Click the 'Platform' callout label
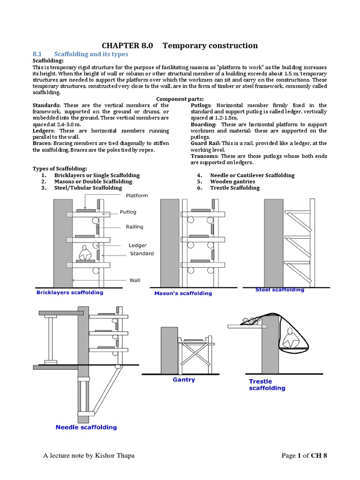coord(136,195)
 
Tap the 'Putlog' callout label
coord(128,212)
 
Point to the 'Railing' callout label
coord(135,227)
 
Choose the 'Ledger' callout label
coord(138,245)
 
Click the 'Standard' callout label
coord(142,254)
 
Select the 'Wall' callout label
coord(135,281)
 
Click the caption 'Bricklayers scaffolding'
coord(70,292)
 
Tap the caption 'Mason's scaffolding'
coord(183,293)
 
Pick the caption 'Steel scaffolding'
coord(279,290)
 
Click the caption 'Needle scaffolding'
coord(86,427)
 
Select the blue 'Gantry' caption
coord(184,380)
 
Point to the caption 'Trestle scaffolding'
coord(266,385)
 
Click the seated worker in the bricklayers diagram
coord(85,254)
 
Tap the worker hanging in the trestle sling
coord(289,337)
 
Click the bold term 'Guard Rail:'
coord(206,143)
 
